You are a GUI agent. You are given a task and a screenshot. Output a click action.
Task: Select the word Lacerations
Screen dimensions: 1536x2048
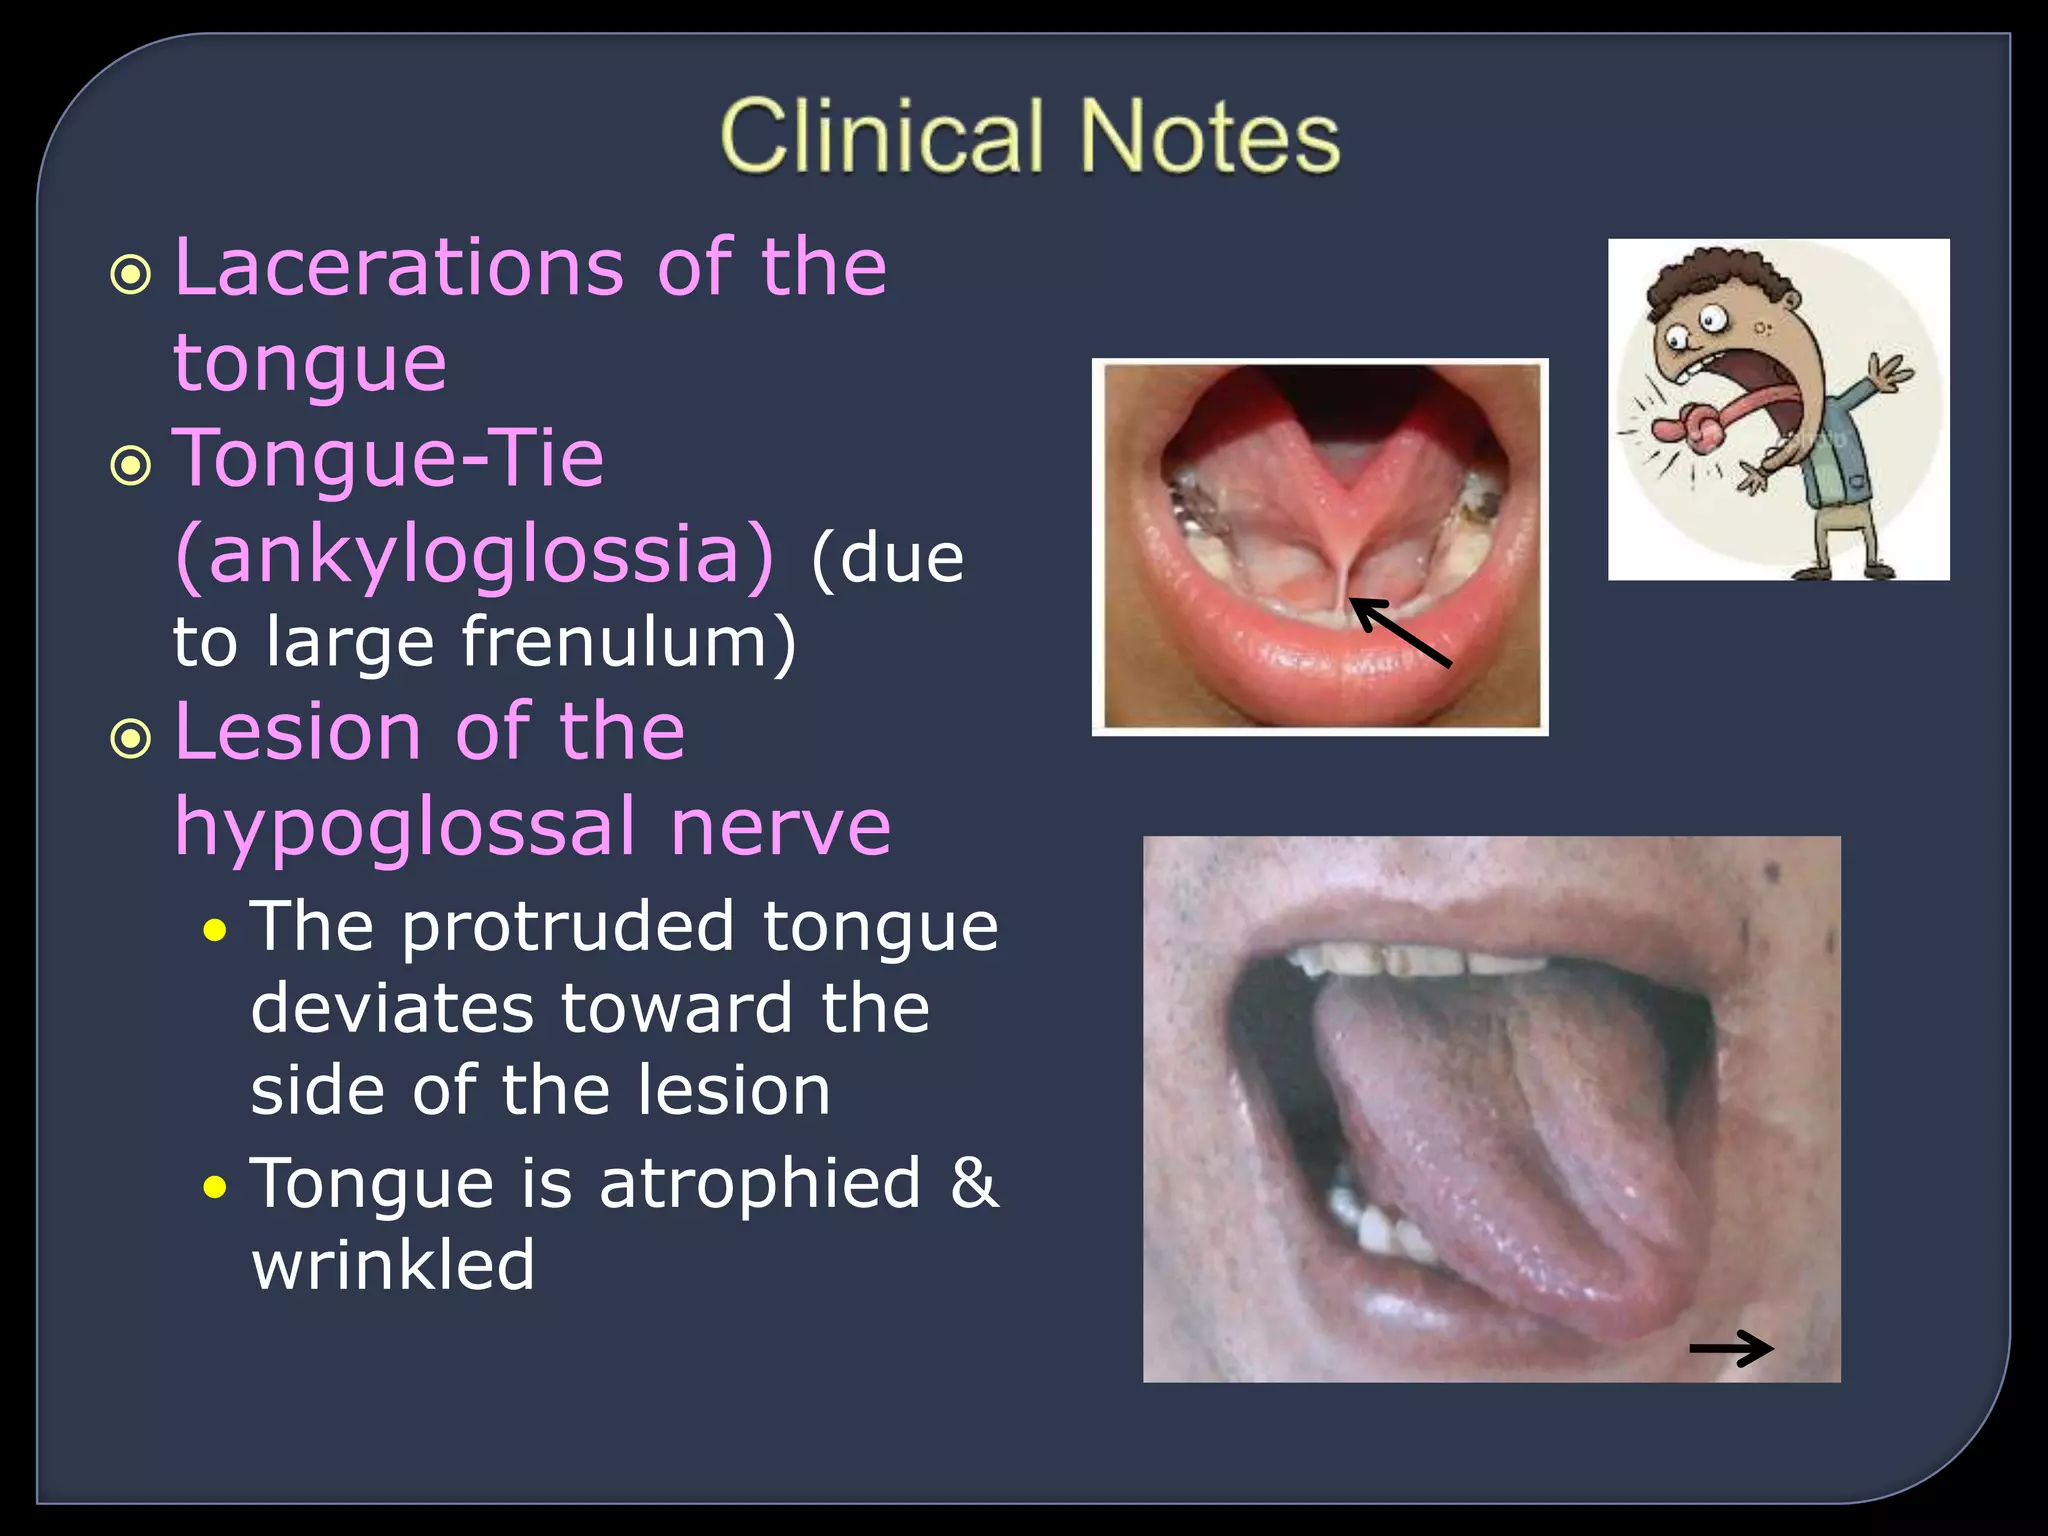coord(399,268)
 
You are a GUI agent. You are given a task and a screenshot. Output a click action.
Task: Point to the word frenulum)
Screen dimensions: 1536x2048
coord(629,641)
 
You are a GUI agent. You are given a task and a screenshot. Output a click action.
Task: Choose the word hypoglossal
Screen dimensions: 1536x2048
coord(405,827)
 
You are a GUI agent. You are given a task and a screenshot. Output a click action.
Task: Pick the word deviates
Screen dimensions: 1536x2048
coord(391,1008)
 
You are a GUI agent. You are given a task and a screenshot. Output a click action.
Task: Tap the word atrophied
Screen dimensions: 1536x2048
coord(759,1184)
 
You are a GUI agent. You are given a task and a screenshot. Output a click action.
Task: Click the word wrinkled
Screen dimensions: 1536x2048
coord(393,1266)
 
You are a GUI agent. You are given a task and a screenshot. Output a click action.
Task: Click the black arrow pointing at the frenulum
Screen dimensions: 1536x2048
coord(1400,632)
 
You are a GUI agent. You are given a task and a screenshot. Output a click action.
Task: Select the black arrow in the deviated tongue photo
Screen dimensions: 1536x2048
coord(1731,1348)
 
